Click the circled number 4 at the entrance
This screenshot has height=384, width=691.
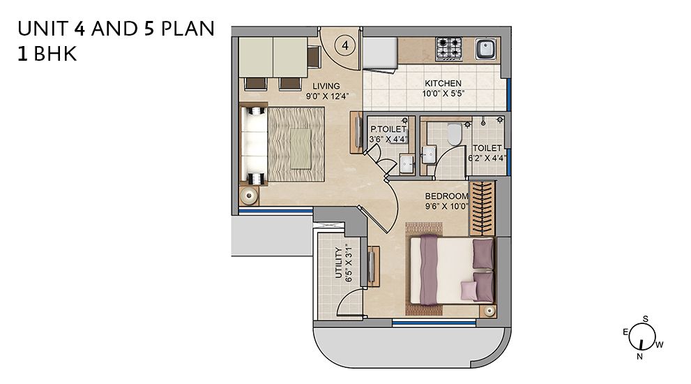pyautogui.click(x=345, y=45)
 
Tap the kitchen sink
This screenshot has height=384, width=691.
pyautogui.click(x=485, y=49)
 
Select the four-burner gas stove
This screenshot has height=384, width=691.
pyautogui.click(x=448, y=49)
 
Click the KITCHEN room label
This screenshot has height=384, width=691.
pyautogui.click(x=443, y=83)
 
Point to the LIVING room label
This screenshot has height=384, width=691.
pyautogui.click(x=326, y=86)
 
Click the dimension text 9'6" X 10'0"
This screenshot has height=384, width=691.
pyautogui.click(x=446, y=206)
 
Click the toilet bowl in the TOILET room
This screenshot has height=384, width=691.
pyautogui.click(x=454, y=134)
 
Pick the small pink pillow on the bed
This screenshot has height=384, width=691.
pyautogui.click(x=469, y=290)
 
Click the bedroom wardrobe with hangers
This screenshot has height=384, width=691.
pyautogui.click(x=483, y=208)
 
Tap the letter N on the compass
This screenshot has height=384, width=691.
pyautogui.click(x=639, y=356)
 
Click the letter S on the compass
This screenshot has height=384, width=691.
pyautogui.click(x=645, y=319)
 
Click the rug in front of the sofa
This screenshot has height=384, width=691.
pyautogui.click(x=296, y=145)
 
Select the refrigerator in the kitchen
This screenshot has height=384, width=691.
pyautogui.click(x=380, y=53)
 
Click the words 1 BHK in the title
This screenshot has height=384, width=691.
pyautogui.click(x=47, y=54)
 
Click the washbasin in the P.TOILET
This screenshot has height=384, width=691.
pyautogui.click(x=407, y=164)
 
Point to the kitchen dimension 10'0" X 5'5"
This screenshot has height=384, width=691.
pyautogui.click(x=443, y=94)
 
